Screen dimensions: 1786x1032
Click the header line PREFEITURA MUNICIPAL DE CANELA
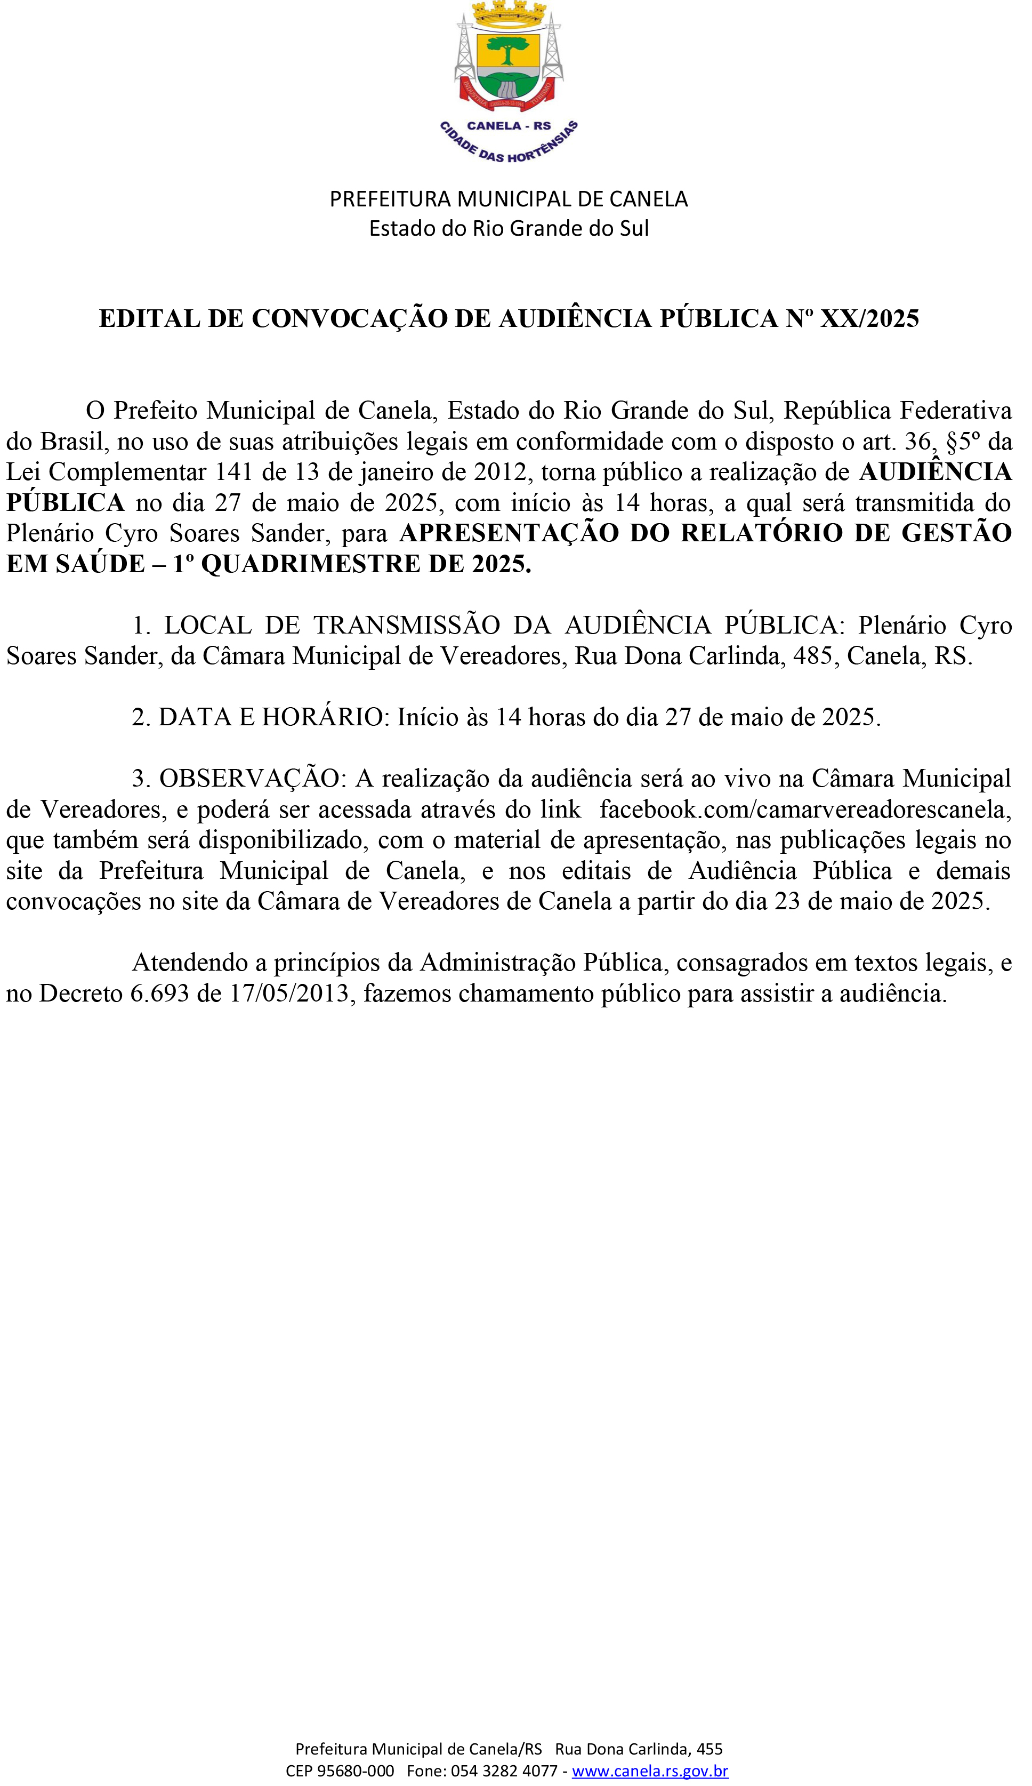click(x=509, y=199)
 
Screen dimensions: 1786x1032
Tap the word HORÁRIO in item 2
click(x=322, y=717)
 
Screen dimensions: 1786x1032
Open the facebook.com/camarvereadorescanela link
click(x=804, y=810)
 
